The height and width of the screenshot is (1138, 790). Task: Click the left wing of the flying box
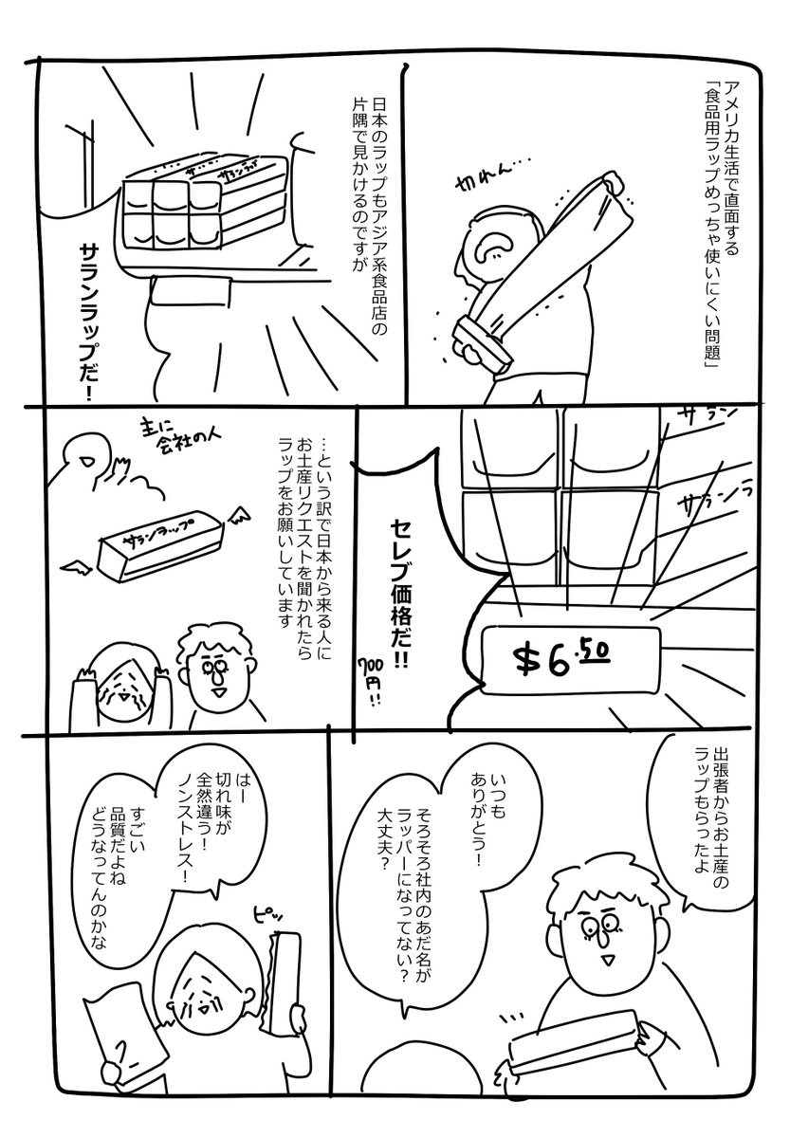tap(77, 568)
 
